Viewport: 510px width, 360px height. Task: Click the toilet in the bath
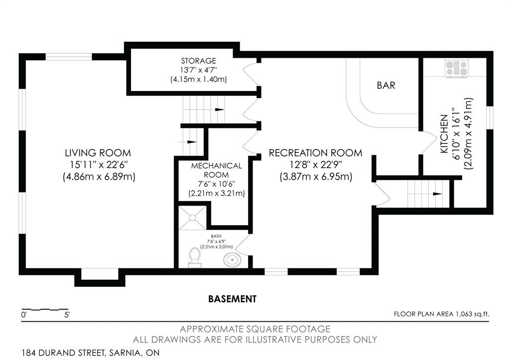pos(195,257)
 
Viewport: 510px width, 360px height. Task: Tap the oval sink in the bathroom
pos(232,260)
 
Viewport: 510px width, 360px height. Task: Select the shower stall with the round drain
pos(192,218)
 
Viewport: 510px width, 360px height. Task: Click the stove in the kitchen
pos(457,69)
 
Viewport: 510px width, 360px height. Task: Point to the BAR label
pos(386,85)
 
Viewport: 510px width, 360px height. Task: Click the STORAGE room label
pos(198,61)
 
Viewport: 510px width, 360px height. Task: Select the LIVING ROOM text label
pos(98,153)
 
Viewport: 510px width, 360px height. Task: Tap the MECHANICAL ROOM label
pos(216,170)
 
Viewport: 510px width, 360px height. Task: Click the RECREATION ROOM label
pos(315,153)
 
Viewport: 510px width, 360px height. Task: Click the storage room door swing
pos(251,74)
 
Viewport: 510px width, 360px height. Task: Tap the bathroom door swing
pos(243,244)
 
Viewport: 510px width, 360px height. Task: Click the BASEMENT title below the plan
pos(232,299)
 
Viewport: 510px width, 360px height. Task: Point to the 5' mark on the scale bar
pos(67,315)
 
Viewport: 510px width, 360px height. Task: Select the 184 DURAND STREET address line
pos(91,353)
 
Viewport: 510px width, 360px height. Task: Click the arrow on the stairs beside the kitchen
pos(437,194)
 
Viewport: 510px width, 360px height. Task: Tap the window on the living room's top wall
pos(69,57)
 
